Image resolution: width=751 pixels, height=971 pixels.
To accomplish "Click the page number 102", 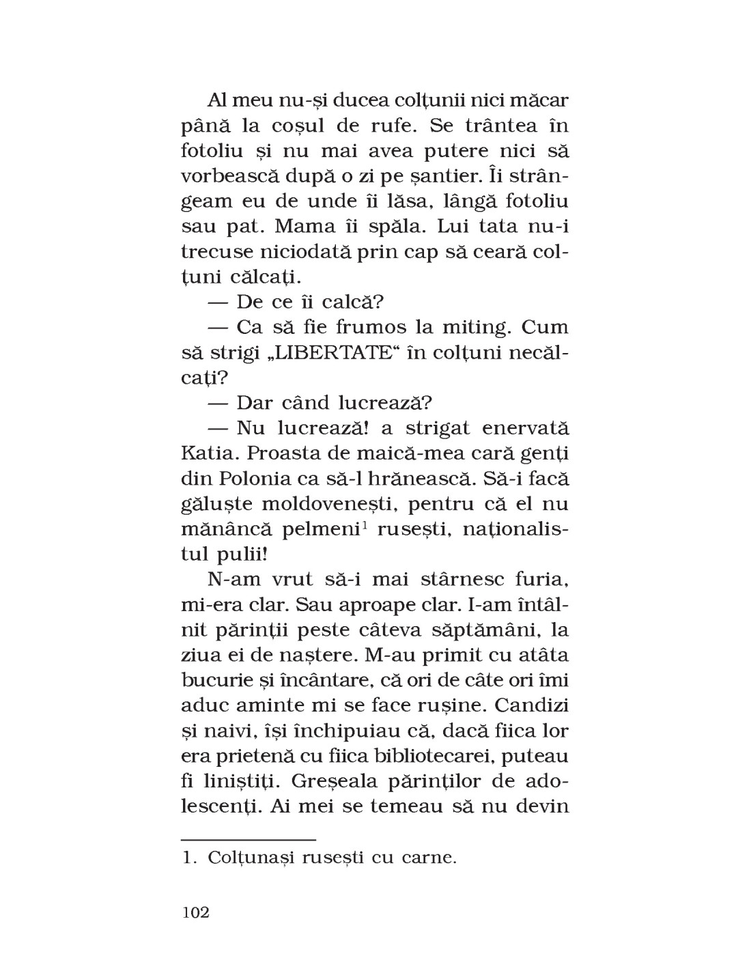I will coord(196,912).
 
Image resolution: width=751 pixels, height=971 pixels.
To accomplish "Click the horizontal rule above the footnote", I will coord(249,838).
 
